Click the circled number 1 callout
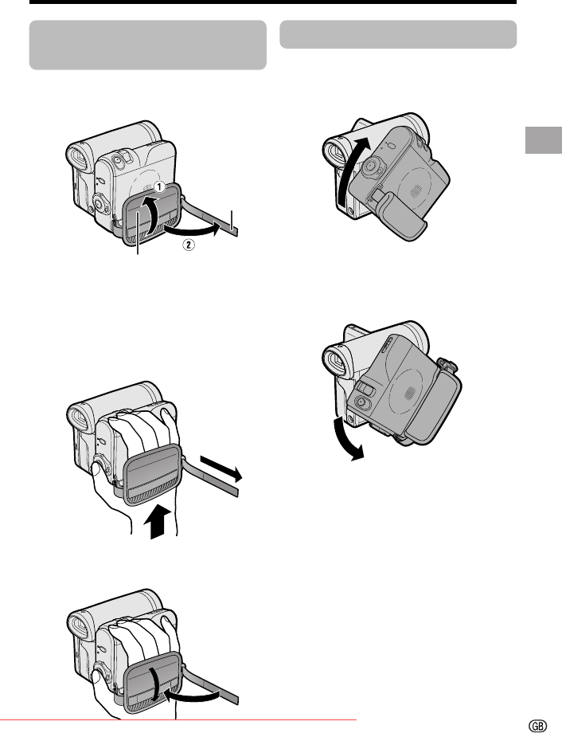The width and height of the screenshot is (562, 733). click(159, 187)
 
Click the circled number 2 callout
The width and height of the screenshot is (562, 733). click(189, 244)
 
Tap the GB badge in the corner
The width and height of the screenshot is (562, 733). click(537, 726)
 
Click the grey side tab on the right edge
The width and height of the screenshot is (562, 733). click(544, 139)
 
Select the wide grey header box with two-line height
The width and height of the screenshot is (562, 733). click(147, 45)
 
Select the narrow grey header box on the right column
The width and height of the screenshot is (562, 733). click(398, 34)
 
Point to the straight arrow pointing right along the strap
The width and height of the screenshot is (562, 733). click(221, 468)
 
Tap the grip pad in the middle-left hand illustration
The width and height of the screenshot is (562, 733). click(152, 475)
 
